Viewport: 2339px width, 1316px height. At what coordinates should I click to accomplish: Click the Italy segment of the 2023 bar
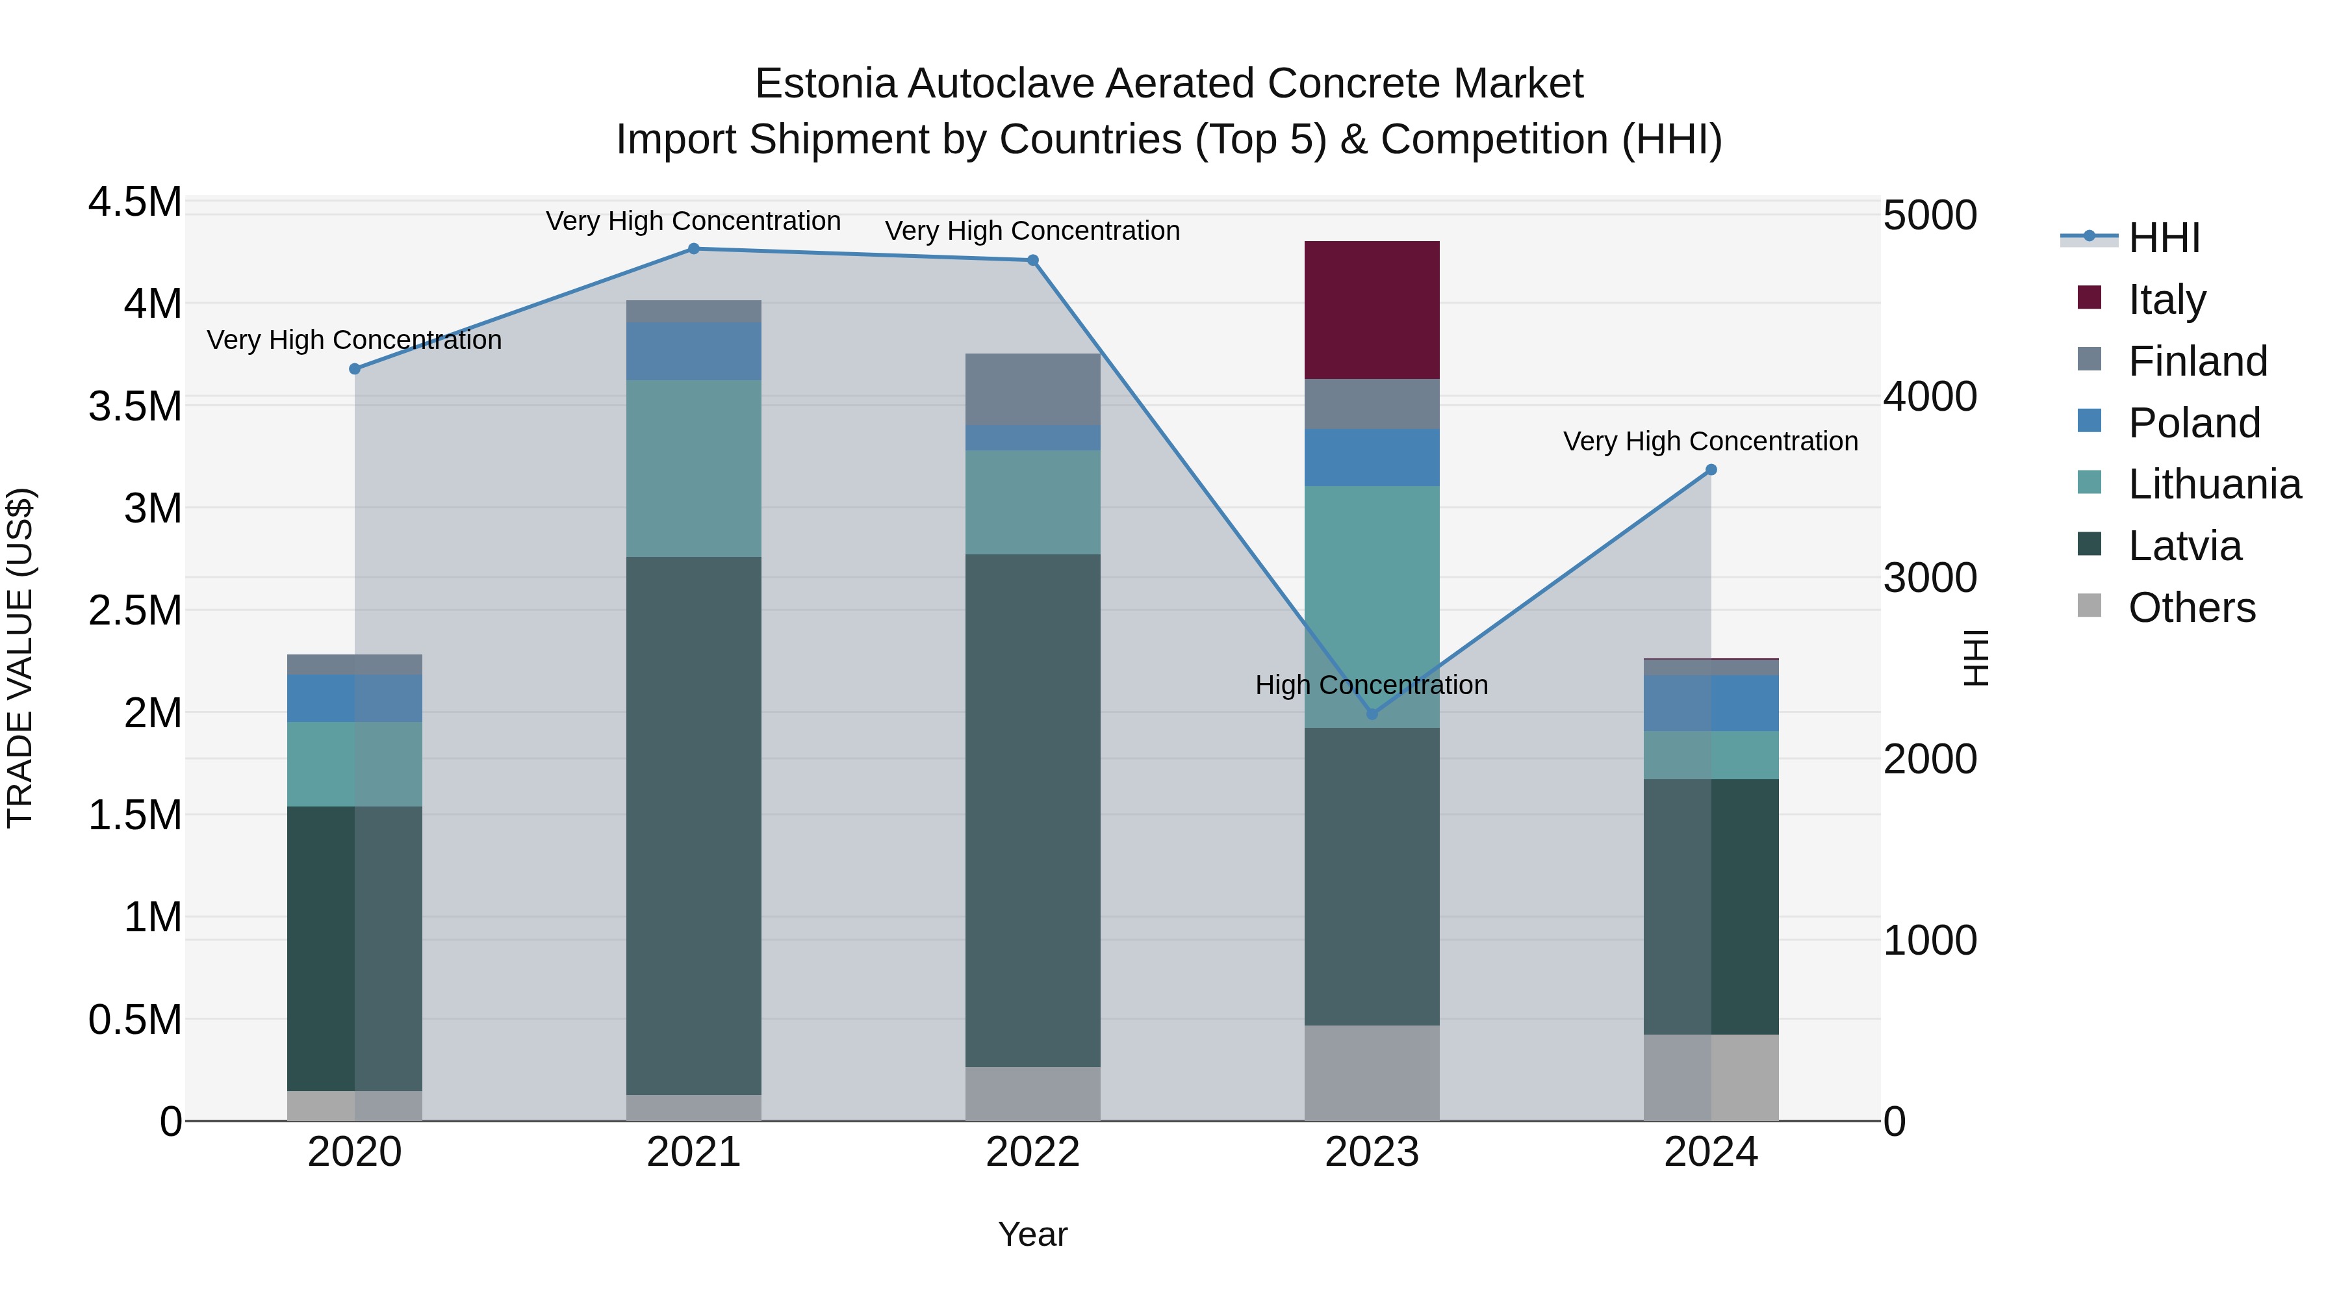click(1371, 310)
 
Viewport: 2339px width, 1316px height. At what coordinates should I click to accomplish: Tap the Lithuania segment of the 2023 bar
click(1371, 607)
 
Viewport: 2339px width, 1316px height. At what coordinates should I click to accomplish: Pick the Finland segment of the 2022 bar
click(1032, 389)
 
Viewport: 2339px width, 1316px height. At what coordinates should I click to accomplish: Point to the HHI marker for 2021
click(694, 248)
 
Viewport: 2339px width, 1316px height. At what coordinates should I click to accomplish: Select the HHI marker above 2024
click(1711, 470)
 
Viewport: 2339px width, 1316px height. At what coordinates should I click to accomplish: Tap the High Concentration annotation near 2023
click(1371, 685)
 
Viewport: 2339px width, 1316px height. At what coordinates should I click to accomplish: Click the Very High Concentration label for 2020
click(354, 340)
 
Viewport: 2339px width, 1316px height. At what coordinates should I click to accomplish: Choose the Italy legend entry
click(2166, 299)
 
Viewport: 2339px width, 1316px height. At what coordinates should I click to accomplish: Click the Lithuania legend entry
click(2213, 484)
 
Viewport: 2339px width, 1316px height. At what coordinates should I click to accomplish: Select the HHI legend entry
click(2163, 238)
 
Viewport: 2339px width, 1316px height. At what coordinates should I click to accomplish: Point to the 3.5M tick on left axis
click(135, 406)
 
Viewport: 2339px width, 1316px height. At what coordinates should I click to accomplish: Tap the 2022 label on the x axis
click(1032, 1152)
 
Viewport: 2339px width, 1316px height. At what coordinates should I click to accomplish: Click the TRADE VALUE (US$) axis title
click(20, 658)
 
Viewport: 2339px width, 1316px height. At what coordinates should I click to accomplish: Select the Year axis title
click(1032, 1234)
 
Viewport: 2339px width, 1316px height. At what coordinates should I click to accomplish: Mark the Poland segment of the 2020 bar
click(354, 697)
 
